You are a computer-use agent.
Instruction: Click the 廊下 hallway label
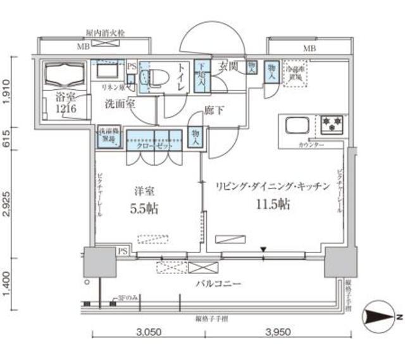pyautogui.click(x=214, y=111)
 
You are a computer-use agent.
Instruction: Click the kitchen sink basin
pyautogui.click(x=297, y=126)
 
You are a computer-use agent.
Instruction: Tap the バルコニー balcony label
pyautogui.click(x=220, y=285)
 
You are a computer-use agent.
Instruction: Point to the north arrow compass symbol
pyautogui.click(x=378, y=314)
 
